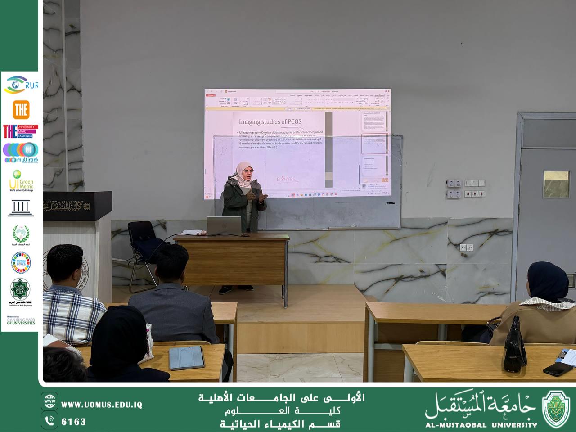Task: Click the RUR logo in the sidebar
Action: (x=21, y=85)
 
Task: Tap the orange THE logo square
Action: (x=21, y=109)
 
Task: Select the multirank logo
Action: (x=21, y=153)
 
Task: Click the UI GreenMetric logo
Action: (x=21, y=180)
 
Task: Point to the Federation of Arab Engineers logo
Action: (x=21, y=292)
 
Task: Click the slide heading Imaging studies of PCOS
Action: (x=270, y=122)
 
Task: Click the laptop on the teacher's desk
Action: (x=224, y=225)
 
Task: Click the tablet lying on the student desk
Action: (x=186, y=358)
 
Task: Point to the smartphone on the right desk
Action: (x=558, y=369)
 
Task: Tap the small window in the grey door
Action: (x=556, y=184)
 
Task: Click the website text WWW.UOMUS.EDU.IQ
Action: (x=101, y=405)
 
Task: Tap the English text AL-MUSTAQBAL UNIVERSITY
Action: (x=481, y=424)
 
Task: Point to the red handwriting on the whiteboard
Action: (x=287, y=180)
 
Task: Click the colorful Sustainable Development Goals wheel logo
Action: (x=21, y=262)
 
